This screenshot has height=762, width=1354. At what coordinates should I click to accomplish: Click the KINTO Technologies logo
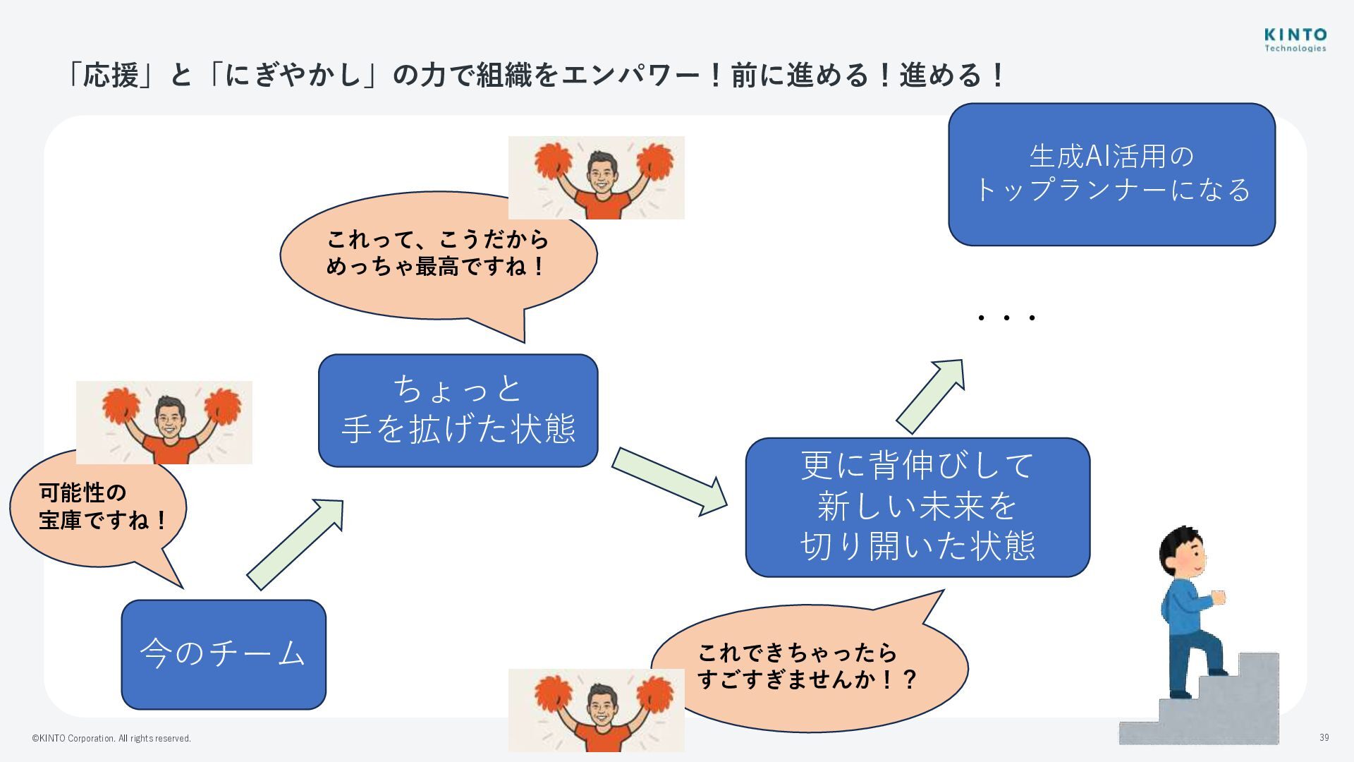coord(1295,40)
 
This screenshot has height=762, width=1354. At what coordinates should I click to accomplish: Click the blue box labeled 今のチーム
coord(223,654)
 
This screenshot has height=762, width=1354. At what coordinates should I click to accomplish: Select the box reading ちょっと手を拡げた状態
coord(458,410)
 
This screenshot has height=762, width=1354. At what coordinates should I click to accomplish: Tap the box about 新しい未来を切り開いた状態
coord(917,507)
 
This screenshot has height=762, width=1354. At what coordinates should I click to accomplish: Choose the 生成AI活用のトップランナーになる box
coord(1111,174)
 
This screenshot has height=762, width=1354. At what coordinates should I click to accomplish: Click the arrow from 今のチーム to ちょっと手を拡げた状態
coord(295,544)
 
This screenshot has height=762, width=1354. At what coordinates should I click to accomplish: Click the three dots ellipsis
coord(1006,318)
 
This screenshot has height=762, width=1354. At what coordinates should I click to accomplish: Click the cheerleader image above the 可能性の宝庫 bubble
coord(164,422)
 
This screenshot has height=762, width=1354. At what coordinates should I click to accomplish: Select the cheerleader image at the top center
coord(596,177)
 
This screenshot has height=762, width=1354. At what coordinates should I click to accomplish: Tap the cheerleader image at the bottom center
coord(596,710)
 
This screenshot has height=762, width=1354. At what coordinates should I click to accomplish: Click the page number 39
coord(1324,737)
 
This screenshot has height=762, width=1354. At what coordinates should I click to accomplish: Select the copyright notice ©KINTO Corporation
coord(111,739)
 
